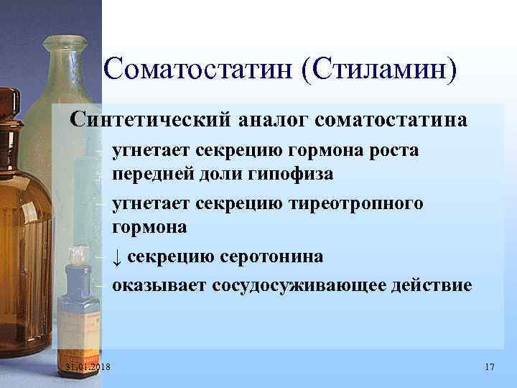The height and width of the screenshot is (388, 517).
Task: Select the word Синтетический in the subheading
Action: tap(149, 119)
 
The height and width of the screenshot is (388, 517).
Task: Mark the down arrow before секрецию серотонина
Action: tap(118, 257)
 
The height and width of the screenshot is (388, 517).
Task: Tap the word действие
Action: tap(436, 285)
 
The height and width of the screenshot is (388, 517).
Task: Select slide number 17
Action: tap(490, 368)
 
